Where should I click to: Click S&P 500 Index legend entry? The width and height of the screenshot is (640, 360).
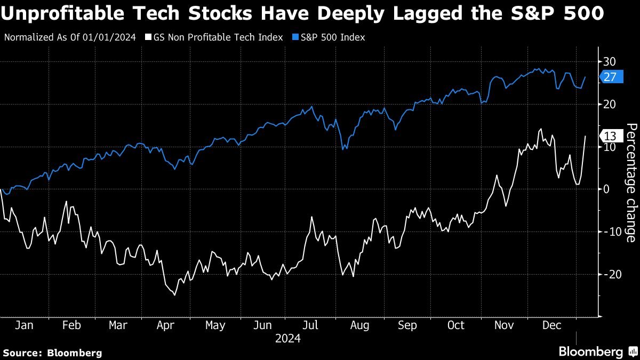click(x=330, y=37)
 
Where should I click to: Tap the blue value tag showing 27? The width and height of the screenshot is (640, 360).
click(x=611, y=77)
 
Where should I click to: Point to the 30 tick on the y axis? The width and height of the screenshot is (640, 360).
click(x=610, y=61)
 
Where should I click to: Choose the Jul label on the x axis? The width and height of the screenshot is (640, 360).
click(x=311, y=325)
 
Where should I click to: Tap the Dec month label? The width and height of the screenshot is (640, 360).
click(x=551, y=325)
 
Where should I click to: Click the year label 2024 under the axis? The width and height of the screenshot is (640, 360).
click(x=288, y=338)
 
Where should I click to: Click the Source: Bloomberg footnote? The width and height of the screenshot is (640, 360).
click(x=52, y=353)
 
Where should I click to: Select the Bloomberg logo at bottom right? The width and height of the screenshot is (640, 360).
click(x=596, y=351)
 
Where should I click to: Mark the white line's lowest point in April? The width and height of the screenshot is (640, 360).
click(x=174, y=294)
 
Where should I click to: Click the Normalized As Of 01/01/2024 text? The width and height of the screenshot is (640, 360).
click(x=70, y=37)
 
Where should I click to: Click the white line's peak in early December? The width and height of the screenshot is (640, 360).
click(x=541, y=129)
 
